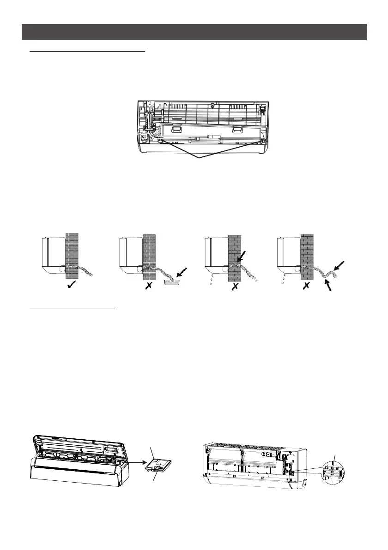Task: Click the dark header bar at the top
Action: pos(194,32)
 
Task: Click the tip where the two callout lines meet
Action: pos(199,159)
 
